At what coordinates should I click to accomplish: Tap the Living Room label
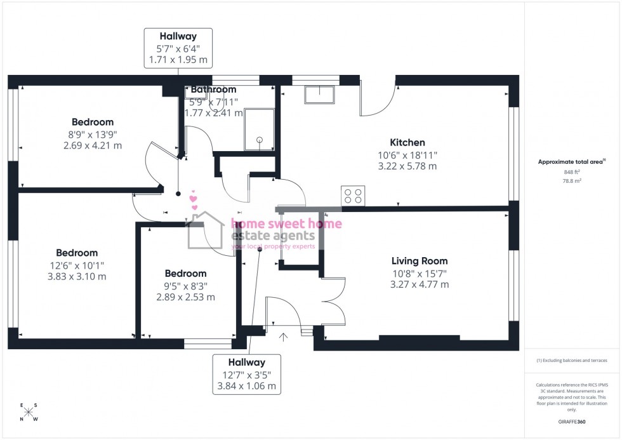419,260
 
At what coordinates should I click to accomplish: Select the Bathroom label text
213,90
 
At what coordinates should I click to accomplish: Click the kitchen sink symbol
319,95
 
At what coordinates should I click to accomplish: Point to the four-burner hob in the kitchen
354,196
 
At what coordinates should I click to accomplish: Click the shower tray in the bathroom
259,130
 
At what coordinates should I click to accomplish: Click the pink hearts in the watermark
194,202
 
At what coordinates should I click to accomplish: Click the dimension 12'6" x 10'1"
76,265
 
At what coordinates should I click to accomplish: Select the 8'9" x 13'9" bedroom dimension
93,134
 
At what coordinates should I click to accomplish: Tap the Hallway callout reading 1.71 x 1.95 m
178,60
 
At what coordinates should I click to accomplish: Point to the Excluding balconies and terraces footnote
572,360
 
